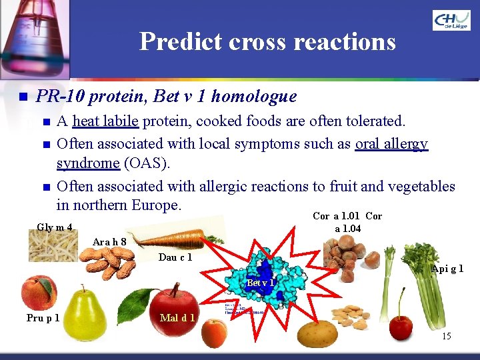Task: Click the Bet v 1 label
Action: tap(260, 283)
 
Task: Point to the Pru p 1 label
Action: tap(43, 317)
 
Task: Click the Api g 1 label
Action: tap(447, 269)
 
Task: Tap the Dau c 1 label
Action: tap(175, 257)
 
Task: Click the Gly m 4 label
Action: tap(55, 227)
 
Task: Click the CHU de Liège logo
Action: tap(451, 21)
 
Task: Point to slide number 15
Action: tap(446, 336)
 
